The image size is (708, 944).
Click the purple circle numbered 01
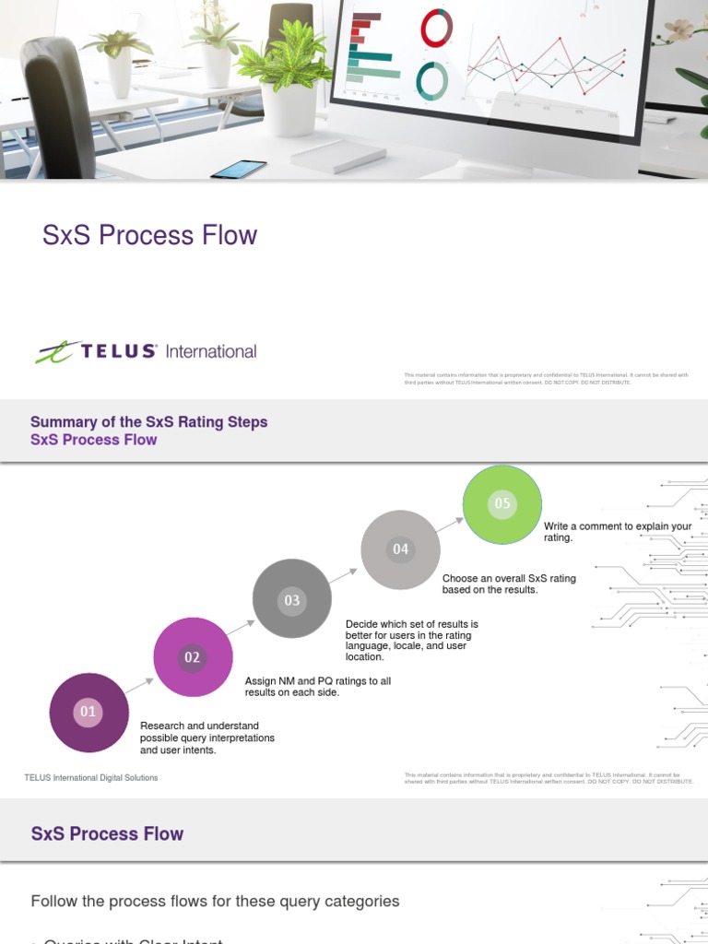point(88,712)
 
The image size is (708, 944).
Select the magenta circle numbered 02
point(192,657)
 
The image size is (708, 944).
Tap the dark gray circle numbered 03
point(291,599)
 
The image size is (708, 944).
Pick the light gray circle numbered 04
point(400,549)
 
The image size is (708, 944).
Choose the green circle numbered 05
point(501,504)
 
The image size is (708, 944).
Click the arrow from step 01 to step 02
point(140,685)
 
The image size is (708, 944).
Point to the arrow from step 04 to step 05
point(450,524)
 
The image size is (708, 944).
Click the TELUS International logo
point(147,351)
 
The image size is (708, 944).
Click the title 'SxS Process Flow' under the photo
point(149,235)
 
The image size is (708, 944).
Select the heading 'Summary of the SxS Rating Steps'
point(148,422)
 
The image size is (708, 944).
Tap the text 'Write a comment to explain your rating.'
point(617,532)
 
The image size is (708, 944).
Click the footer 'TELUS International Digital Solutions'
point(90,778)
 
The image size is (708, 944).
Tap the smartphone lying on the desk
point(239,170)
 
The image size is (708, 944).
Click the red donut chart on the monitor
point(436,28)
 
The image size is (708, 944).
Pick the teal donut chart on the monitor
point(431,81)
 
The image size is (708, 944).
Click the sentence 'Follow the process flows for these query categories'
point(215,901)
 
